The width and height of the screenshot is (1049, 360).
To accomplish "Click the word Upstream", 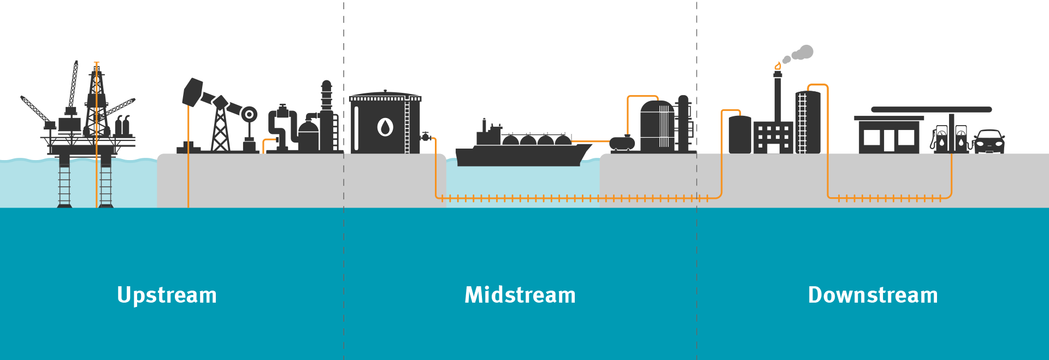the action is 167,296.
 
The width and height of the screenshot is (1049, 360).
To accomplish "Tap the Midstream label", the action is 520,295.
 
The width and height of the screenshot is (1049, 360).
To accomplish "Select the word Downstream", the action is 873,295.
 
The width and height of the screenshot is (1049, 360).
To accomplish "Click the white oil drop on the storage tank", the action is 385,127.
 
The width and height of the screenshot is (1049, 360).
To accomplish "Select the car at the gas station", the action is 989,141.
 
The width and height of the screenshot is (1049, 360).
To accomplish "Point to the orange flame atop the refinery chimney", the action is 777,66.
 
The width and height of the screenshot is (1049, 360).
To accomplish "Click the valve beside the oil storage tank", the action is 426,137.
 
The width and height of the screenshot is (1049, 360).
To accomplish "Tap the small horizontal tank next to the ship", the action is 622,143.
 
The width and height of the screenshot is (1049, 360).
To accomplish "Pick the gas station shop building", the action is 889,134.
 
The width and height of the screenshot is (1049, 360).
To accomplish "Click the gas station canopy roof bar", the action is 932,109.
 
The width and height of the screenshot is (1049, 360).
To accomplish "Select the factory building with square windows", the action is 773,137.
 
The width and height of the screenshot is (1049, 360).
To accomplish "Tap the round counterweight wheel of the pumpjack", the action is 249,114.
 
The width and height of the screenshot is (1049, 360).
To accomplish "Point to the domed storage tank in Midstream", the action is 657,126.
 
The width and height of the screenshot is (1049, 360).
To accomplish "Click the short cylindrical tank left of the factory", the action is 740,134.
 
